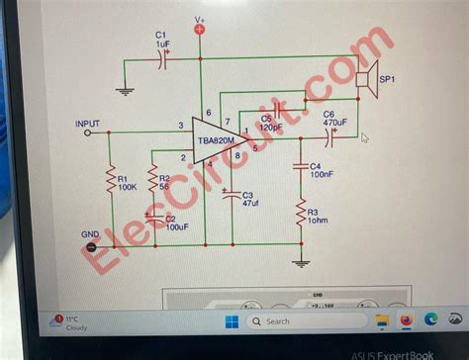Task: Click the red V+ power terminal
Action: [200, 30]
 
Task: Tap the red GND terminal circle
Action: [91, 246]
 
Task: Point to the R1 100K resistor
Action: [111, 180]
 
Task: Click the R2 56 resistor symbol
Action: [152, 180]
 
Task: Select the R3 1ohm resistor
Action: [302, 212]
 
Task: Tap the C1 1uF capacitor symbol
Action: [164, 60]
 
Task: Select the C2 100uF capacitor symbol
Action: [152, 217]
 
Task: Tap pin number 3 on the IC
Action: [180, 126]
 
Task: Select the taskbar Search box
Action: [297, 321]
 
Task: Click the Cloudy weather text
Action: [76, 327]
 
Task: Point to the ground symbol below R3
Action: [302, 261]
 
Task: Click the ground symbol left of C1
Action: [124, 91]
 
